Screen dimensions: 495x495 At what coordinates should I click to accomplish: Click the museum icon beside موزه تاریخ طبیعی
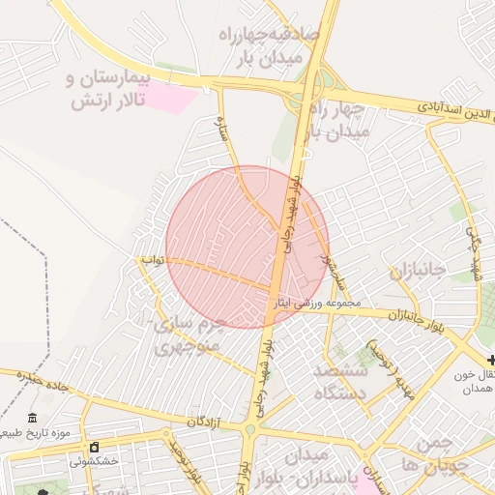point(34,418)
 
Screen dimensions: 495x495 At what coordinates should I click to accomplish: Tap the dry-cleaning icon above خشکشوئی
point(94,448)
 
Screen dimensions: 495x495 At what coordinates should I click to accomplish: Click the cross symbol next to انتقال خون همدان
point(491,360)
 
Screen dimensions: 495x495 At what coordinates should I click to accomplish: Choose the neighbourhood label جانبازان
point(417,272)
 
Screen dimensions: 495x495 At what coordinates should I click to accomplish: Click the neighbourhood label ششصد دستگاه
point(341,382)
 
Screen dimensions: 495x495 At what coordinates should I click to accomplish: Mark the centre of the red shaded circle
point(247,247)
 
